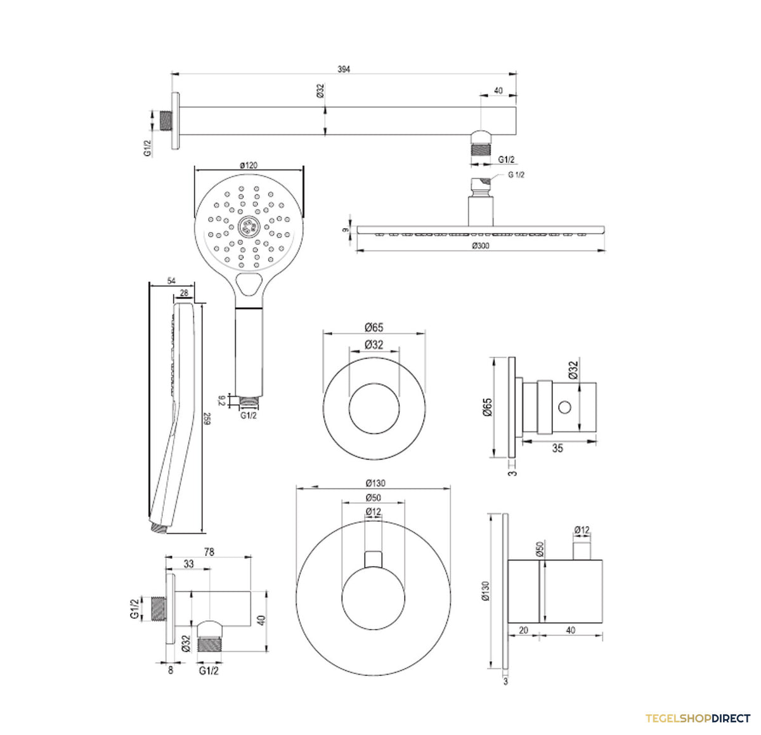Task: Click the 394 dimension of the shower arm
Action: coord(343,69)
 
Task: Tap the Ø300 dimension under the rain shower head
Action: coord(480,246)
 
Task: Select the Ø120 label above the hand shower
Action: coord(249,165)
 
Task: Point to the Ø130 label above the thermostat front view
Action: coord(375,483)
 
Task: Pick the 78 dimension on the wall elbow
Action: coord(209,552)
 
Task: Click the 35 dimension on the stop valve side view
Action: coord(557,449)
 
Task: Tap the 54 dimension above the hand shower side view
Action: coord(171,281)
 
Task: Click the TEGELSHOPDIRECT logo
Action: coord(698,718)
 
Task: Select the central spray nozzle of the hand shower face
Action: coord(249,226)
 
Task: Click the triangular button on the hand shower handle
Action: coord(249,284)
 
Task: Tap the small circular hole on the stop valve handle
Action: coord(564,407)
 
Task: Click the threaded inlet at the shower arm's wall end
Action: coord(167,121)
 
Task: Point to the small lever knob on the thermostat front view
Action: coord(373,559)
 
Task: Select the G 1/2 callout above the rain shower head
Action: coord(516,175)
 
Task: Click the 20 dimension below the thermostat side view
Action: coord(523,630)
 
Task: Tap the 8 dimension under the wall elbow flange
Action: coord(170,670)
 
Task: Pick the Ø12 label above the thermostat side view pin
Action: coord(582,530)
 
